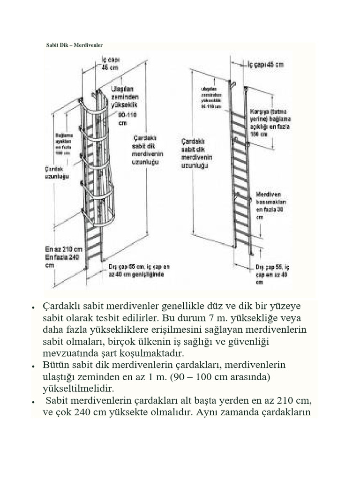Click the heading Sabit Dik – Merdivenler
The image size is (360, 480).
coord(74,45)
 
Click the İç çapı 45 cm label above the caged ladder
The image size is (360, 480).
coord(111,63)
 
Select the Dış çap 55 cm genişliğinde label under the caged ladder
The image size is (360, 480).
coord(139,270)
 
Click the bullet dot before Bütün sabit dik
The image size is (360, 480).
coord(34,366)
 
